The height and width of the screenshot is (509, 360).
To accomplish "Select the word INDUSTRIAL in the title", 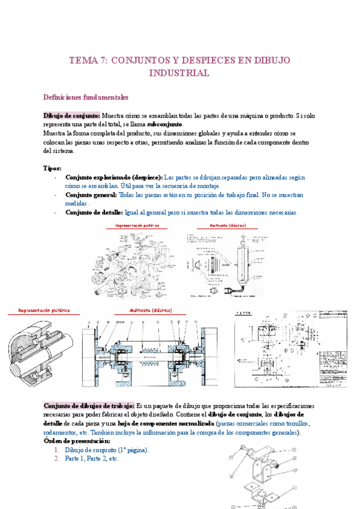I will point(179,73).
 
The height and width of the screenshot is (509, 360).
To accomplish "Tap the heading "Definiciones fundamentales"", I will point(86,97).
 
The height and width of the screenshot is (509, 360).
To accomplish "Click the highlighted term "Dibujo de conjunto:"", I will point(71,115).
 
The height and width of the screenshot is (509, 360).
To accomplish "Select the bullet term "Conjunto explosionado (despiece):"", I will point(113,178).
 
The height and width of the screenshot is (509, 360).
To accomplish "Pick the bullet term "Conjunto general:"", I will point(91,195).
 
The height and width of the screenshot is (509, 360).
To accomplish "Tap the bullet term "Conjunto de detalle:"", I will point(94,212).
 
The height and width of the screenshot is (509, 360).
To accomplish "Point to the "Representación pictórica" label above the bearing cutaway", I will point(44,310).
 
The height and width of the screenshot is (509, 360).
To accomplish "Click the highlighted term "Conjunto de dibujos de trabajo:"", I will point(89,406).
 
